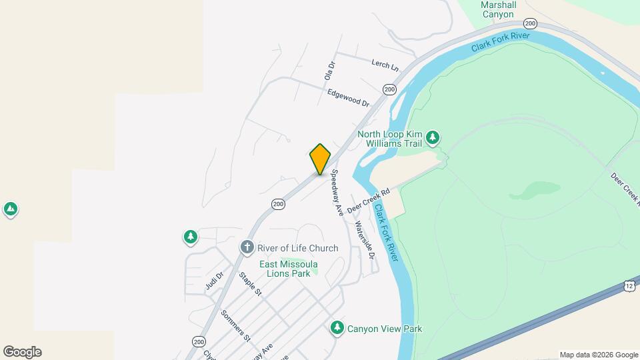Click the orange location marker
[320, 159]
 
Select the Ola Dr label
[329, 71]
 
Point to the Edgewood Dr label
[348, 98]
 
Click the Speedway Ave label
[337, 192]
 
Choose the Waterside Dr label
[365, 239]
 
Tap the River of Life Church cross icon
[247, 248]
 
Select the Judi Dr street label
[214, 281]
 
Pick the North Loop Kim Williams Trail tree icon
[433, 138]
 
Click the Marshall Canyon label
[498, 9]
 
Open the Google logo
[22, 352]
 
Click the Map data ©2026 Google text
[598, 355]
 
